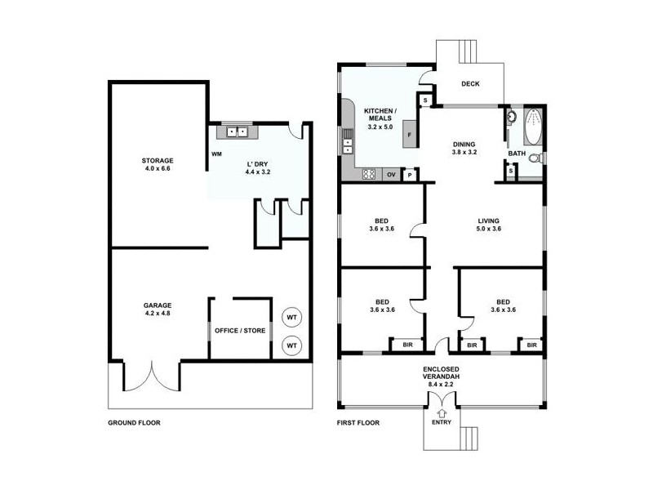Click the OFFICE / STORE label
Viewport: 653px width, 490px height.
[x=240, y=331]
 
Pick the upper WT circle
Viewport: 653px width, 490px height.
[x=291, y=317]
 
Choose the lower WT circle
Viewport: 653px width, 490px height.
[x=291, y=346]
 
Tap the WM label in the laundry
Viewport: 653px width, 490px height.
[x=216, y=154]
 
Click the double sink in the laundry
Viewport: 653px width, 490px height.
[x=238, y=131]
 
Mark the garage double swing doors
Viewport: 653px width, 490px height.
[x=151, y=376]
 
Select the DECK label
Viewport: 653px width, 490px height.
[x=470, y=83]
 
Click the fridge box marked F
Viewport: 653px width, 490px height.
[x=410, y=135]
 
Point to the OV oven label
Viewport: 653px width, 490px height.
[x=391, y=174]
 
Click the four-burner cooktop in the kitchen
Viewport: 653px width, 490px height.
[x=369, y=174]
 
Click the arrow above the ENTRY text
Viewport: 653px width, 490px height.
[x=442, y=412]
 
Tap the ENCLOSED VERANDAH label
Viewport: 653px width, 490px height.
[x=442, y=375]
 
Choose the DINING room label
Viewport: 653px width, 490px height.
[x=464, y=148]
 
